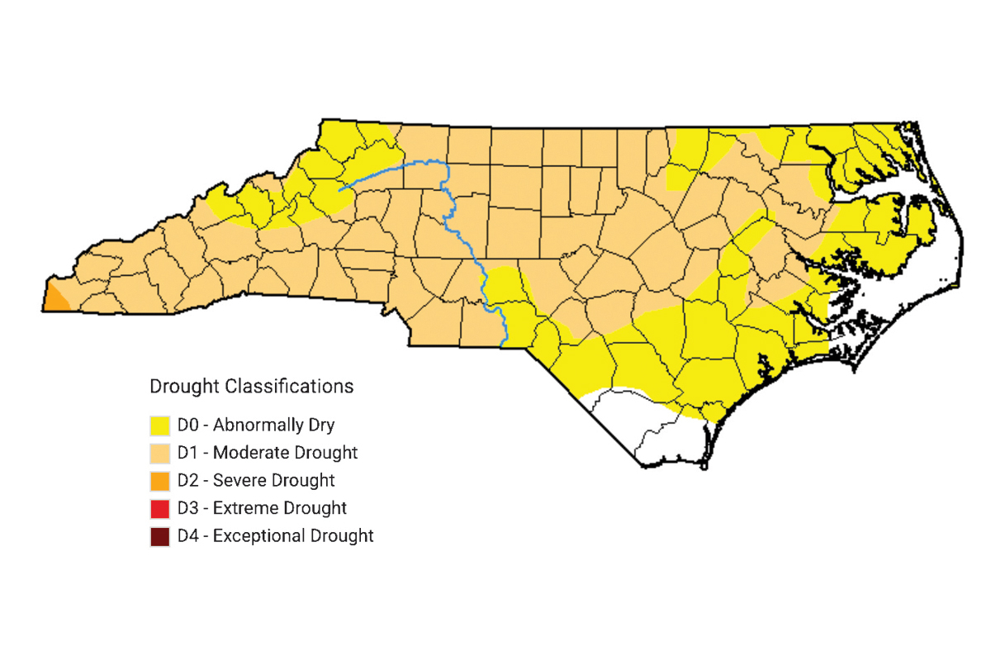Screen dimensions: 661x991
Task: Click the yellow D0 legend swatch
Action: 160,426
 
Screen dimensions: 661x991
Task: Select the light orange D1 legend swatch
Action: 160,453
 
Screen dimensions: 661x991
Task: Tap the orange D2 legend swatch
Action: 160,480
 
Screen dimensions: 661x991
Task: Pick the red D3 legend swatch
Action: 160,508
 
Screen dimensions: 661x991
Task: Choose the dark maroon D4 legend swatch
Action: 160,535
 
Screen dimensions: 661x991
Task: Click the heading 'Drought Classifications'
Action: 251,386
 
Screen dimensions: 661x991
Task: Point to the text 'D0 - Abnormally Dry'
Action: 256,426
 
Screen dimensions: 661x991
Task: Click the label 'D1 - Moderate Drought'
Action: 268,453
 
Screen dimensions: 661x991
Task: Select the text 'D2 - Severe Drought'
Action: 256,480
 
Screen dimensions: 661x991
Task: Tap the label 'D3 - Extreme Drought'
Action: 262,508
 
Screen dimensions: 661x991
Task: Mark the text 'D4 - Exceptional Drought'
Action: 276,535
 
